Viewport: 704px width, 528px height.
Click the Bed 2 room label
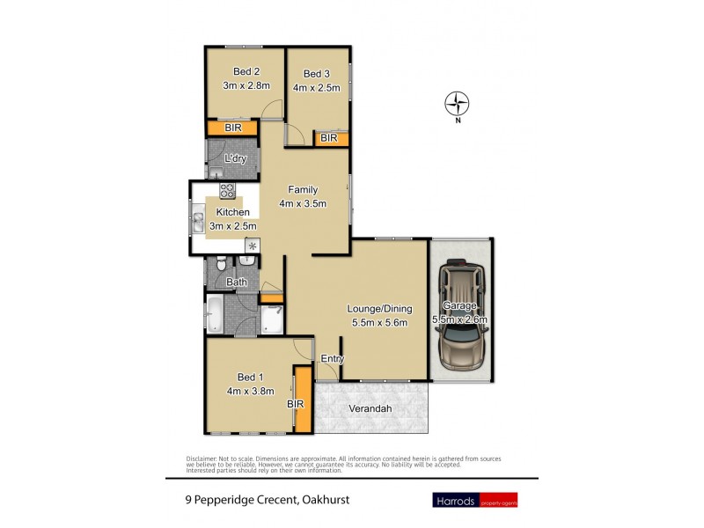tap(246, 71)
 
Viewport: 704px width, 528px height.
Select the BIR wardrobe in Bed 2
tap(233, 128)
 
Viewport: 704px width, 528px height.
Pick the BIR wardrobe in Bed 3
tap(329, 138)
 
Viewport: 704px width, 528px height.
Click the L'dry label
tap(234, 158)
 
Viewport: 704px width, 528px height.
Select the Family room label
tap(302, 189)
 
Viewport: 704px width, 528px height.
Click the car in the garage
tap(460, 314)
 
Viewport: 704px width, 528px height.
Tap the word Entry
tap(332, 358)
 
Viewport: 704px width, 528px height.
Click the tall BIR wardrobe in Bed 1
tap(302, 400)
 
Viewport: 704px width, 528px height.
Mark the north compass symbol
tap(457, 105)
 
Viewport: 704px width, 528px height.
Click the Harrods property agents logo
tap(473, 501)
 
